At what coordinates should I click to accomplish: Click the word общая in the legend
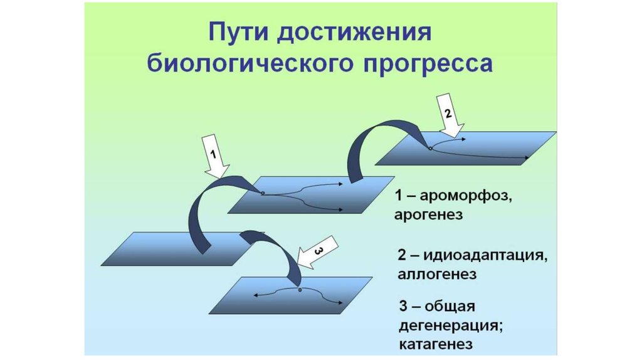coord(450,307)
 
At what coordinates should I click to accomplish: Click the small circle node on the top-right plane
coord(430,149)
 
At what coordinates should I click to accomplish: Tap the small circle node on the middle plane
coord(263,193)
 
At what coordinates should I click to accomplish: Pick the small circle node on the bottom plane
coord(300,290)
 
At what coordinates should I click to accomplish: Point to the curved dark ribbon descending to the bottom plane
coord(276,251)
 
